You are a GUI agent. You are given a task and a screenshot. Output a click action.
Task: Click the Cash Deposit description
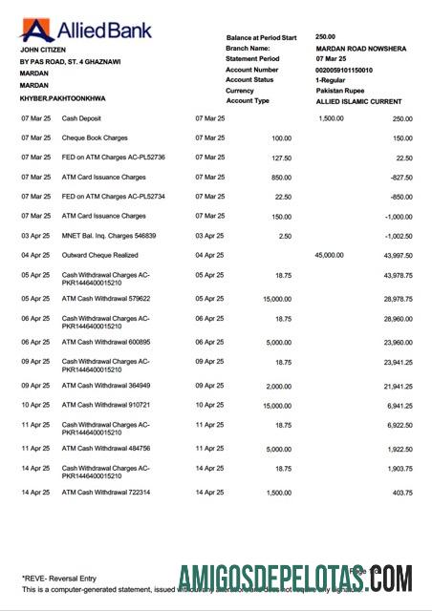click(x=84, y=118)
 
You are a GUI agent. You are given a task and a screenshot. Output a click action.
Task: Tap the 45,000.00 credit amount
click(x=331, y=255)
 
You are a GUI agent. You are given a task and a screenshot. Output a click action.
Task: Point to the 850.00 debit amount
click(x=281, y=177)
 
